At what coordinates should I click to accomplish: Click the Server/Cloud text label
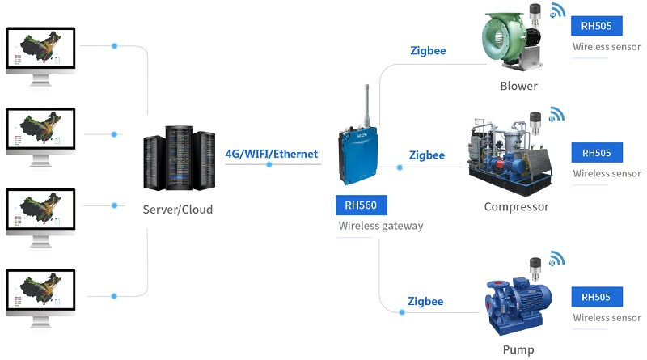click(x=177, y=210)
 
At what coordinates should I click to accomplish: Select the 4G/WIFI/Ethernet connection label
click(x=272, y=154)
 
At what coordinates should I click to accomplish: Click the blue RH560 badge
click(x=362, y=205)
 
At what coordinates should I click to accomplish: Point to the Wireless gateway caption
click(x=380, y=226)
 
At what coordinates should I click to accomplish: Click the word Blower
click(x=518, y=86)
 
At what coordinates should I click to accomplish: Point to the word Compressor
click(x=516, y=206)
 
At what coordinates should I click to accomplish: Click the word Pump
click(x=518, y=349)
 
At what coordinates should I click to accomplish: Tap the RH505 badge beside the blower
click(x=597, y=26)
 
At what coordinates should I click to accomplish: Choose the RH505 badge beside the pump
click(x=597, y=297)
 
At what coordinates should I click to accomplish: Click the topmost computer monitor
click(x=40, y=50)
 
